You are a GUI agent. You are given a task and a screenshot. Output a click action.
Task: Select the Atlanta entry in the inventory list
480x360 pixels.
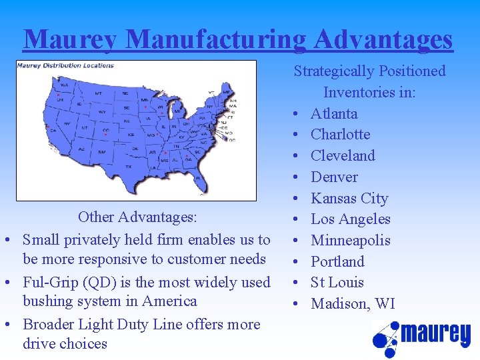pos(334,113)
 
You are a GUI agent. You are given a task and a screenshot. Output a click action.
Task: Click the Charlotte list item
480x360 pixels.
pos(340,135)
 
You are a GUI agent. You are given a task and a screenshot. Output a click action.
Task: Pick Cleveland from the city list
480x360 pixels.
pos(343,156)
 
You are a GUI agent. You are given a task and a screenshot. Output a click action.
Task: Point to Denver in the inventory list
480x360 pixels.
pos(334,177)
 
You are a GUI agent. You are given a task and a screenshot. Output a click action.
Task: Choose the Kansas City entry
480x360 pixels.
pos(349,199)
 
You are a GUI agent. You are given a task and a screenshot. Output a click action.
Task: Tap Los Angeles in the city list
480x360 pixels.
pos(350,219)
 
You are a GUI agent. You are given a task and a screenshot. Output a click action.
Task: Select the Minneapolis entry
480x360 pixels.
pos(351,241)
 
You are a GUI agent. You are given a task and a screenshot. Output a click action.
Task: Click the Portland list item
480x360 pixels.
pos(337,262)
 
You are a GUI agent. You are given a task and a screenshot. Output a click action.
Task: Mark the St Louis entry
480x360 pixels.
pos(337,283)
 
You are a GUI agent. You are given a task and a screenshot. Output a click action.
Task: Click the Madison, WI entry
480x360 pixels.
pos(353,304)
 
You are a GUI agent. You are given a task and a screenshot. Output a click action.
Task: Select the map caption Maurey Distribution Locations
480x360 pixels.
pos(65,65)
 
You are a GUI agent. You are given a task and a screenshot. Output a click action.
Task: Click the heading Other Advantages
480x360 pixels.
pos(137,217)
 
